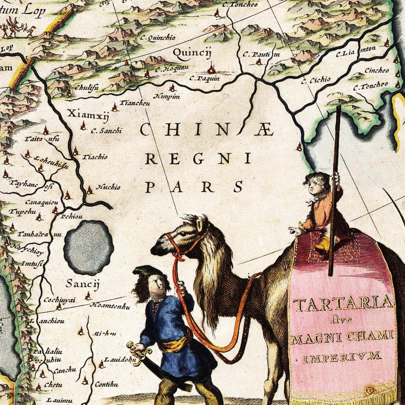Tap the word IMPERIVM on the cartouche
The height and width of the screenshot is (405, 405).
click(342, 357)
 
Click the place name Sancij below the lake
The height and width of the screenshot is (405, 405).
click(83, 284)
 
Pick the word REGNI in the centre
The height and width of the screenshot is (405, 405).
click(198, 159)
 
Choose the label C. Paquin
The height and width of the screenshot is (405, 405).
click(204, 78)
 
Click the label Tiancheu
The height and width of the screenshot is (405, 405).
click(135, 103)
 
